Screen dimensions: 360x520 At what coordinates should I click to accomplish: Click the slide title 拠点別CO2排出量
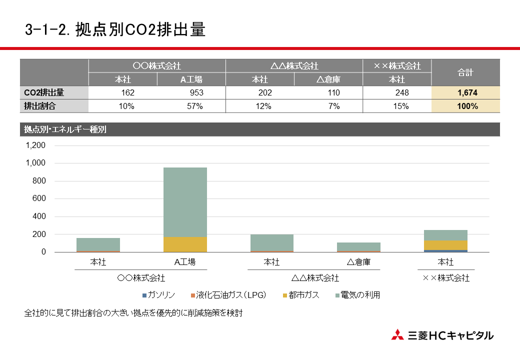click(115, 29)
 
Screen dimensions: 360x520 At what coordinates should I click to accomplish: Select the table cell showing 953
click(196, 92)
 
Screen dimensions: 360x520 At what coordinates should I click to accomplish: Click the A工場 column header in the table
click(191, 79)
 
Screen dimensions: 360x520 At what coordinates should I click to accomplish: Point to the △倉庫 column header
click(328, 79)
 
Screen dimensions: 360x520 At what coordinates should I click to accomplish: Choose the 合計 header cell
click(465, 72)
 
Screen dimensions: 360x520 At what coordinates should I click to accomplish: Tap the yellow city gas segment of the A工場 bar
click(185, 244)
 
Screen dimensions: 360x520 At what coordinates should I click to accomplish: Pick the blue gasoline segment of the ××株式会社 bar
click(445, 250)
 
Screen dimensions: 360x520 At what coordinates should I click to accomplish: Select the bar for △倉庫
click(358, 247)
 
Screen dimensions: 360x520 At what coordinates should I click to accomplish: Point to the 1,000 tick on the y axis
click(35, 163)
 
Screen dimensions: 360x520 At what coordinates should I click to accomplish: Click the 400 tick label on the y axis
click(38, 216)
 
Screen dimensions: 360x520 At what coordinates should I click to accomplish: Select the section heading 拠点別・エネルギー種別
click(65, 129)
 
